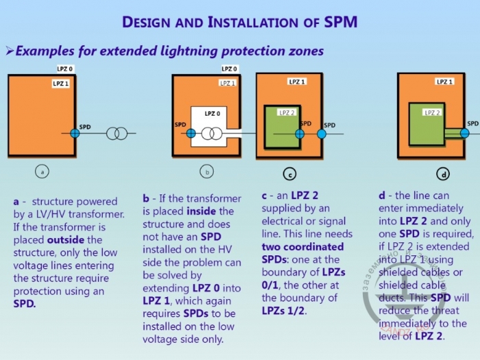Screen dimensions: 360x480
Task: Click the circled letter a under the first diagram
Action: point(42,172)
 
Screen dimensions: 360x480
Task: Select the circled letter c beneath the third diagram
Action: point(290,174)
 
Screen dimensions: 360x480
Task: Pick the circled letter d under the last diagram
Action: point(444,175)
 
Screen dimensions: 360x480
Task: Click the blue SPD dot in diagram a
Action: point(75,133)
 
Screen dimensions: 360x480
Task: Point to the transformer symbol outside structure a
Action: point(117,133)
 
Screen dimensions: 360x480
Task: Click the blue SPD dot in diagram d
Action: point(464,133)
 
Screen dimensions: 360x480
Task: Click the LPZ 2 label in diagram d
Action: point(432,112)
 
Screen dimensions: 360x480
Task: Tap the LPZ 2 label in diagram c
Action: point(287,112)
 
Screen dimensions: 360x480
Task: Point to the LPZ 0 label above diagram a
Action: point(66,69)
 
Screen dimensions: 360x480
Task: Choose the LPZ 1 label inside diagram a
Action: point(61,83)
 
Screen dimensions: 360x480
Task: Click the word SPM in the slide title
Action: point(340,21)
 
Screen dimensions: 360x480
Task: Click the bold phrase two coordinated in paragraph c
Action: point(303,246)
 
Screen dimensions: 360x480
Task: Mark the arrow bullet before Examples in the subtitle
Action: point(10,51)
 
